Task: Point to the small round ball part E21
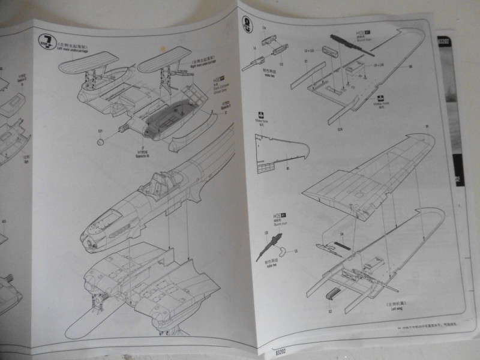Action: click(x=101, y=142)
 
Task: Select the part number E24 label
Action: click(x=340, y=127)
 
